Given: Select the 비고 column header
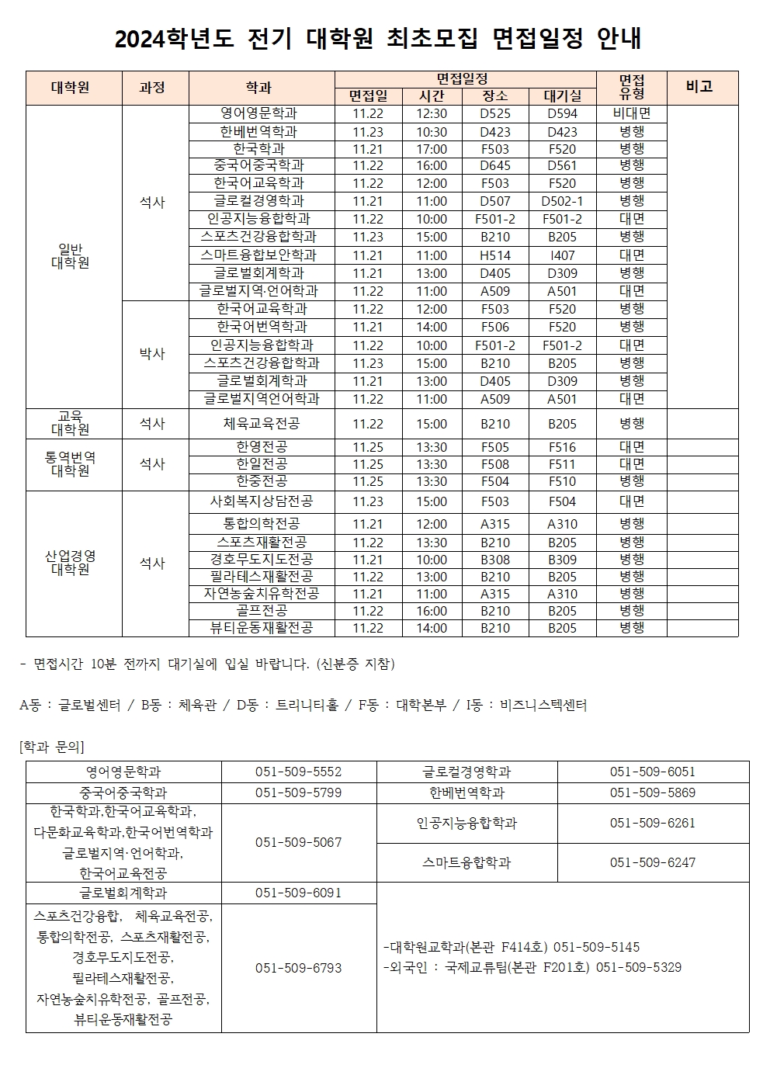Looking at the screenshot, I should click(x=699, y=87).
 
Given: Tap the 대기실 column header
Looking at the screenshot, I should click(x=563, y=96).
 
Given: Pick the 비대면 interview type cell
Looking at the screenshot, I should click(x=632, y=113).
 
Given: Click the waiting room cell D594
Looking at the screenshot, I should click(x=563, y=113).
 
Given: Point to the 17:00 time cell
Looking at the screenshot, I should click(x=432, y=149).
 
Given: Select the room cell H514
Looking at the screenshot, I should click(x=495, y=255).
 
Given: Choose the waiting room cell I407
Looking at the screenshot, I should click(x=563, y=255).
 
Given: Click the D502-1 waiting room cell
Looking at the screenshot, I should click(x=563, y=201).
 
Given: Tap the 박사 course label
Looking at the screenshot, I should click(x=152, y=354).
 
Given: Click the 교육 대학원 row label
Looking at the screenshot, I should click(x=70, y=423).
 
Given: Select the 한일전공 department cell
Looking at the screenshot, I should click(x=262, y=464).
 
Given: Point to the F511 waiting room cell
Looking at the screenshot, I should click(x=563, y=464).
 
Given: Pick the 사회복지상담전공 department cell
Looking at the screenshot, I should click(x=262, y=501).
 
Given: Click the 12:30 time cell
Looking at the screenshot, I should click(x=432, y=113).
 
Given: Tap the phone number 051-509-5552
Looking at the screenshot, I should click(x=299, y=772).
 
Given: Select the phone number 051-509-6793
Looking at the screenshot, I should click(x=299, y=968).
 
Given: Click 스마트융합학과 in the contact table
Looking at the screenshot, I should click(x=467, y=862).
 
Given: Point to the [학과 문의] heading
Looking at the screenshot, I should click(x=51, y=747).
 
